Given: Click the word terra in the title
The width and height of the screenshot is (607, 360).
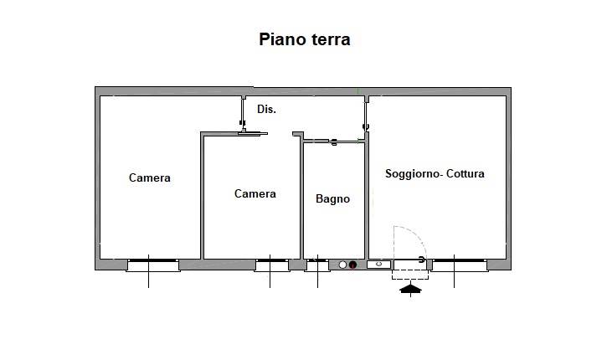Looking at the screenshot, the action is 331,40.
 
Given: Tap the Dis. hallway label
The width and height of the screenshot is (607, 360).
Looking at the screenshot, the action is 267,110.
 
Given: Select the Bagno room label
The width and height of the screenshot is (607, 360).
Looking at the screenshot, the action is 333,199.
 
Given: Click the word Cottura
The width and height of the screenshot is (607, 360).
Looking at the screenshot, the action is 466,174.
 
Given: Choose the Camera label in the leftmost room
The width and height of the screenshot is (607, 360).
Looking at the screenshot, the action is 149,177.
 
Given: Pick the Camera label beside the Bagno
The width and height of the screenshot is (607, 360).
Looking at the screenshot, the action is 255,193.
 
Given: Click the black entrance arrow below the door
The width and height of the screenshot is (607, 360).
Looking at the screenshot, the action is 411,289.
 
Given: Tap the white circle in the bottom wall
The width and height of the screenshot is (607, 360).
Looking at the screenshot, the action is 342,265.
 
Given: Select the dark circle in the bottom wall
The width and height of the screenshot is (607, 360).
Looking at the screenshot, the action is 352,265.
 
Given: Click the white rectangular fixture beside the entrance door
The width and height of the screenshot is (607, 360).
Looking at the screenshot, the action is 379,265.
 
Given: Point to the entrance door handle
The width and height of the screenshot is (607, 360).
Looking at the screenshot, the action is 422,260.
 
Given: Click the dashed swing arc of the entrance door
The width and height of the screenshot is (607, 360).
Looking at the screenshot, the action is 416,235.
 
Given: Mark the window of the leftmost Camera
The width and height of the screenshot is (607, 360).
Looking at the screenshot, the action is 153,265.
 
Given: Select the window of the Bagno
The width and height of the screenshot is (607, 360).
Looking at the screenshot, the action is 317,265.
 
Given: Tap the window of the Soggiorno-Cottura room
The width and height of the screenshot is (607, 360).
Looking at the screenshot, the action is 460,265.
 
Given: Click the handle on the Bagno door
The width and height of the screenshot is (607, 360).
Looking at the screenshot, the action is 334,142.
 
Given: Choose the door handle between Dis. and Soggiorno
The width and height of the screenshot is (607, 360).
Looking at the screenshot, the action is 365,127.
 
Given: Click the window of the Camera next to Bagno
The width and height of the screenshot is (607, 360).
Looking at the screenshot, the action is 272,265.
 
